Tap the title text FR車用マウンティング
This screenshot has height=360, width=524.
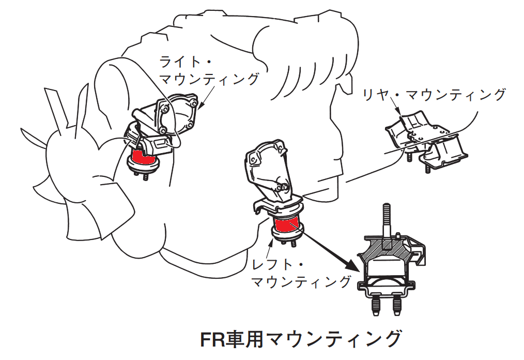point(300,339)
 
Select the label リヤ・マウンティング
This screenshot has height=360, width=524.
point(434,95)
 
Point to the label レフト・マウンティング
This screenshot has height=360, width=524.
point(301,273)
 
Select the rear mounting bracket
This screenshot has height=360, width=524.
point(426,141)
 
